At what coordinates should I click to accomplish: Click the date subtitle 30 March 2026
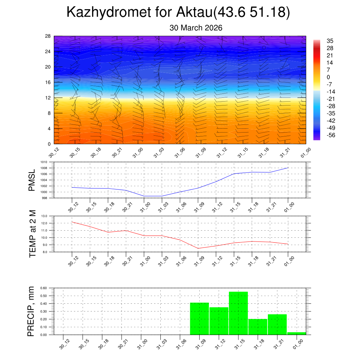196,28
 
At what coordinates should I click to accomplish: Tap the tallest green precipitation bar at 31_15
238,313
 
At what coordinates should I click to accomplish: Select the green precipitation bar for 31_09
199,319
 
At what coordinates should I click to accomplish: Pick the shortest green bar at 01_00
296,333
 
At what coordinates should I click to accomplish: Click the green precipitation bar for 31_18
258,327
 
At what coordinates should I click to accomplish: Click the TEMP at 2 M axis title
32,234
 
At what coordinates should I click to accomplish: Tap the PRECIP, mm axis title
31,311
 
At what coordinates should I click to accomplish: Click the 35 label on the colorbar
330,41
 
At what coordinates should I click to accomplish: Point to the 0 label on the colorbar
328,77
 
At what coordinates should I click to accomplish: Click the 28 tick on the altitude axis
48,36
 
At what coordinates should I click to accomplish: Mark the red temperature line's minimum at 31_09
198,248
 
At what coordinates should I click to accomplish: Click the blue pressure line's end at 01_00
288,168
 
